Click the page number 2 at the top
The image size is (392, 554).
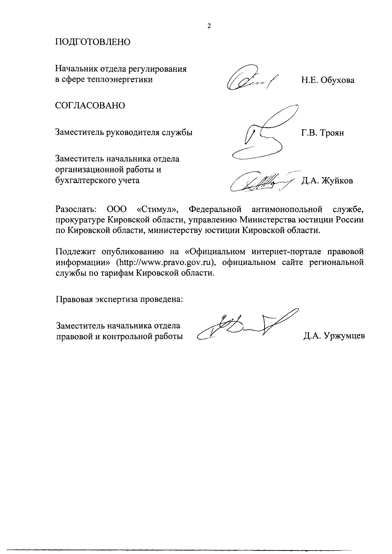[209, 26]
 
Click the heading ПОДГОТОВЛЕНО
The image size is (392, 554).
[93, 42]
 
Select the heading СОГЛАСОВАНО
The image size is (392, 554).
[90, 106]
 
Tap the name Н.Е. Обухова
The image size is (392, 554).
[328, 80]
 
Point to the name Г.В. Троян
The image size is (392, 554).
[322, 133]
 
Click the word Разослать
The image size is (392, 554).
[75, 209]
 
